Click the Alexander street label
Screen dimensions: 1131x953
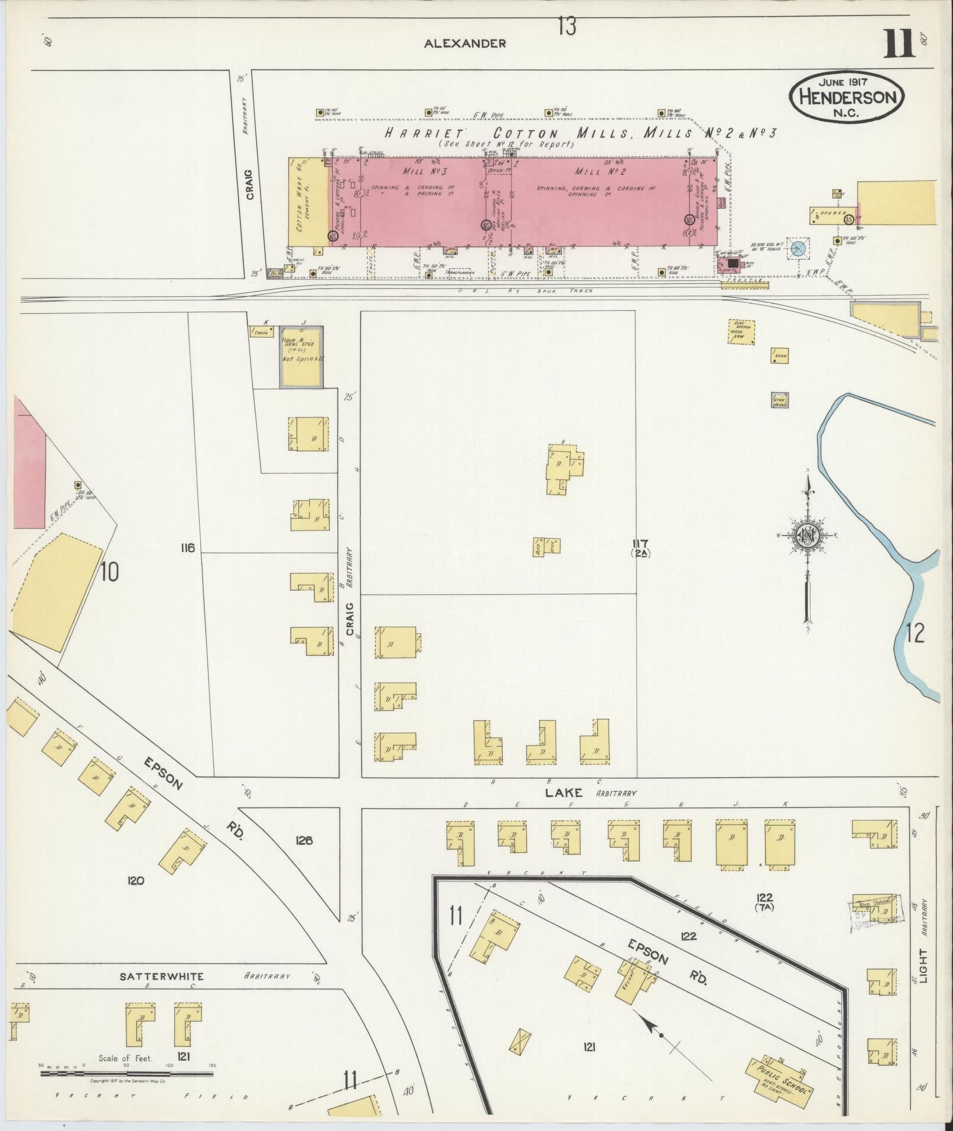465,43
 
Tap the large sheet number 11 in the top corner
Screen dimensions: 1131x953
899,44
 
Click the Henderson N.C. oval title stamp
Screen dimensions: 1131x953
847,97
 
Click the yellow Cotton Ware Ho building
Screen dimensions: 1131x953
307,202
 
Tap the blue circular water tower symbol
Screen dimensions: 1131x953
798,249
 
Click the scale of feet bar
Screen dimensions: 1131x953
127,1073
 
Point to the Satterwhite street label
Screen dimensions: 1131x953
161,976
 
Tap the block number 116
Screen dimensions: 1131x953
188,548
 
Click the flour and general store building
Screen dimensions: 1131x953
301,357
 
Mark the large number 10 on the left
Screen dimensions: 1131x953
109,572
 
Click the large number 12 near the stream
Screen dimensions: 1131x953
914,633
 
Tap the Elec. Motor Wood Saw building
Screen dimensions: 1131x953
739,331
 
